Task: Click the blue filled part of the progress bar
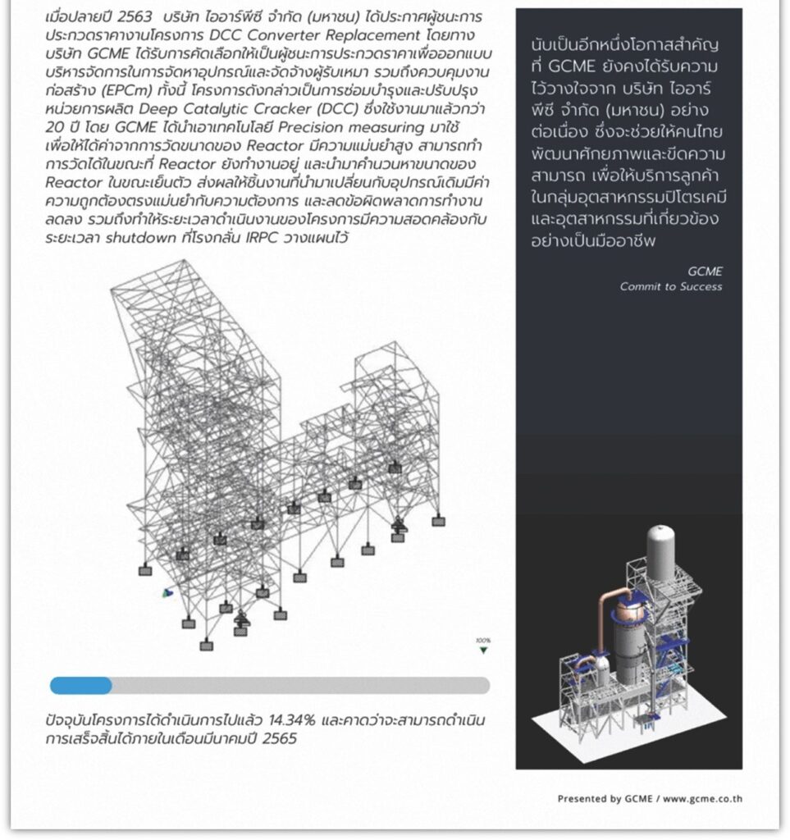(80, 685)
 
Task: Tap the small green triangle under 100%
(483, 651)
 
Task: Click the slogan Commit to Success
(670, 286)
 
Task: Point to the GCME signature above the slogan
(706, 271)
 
